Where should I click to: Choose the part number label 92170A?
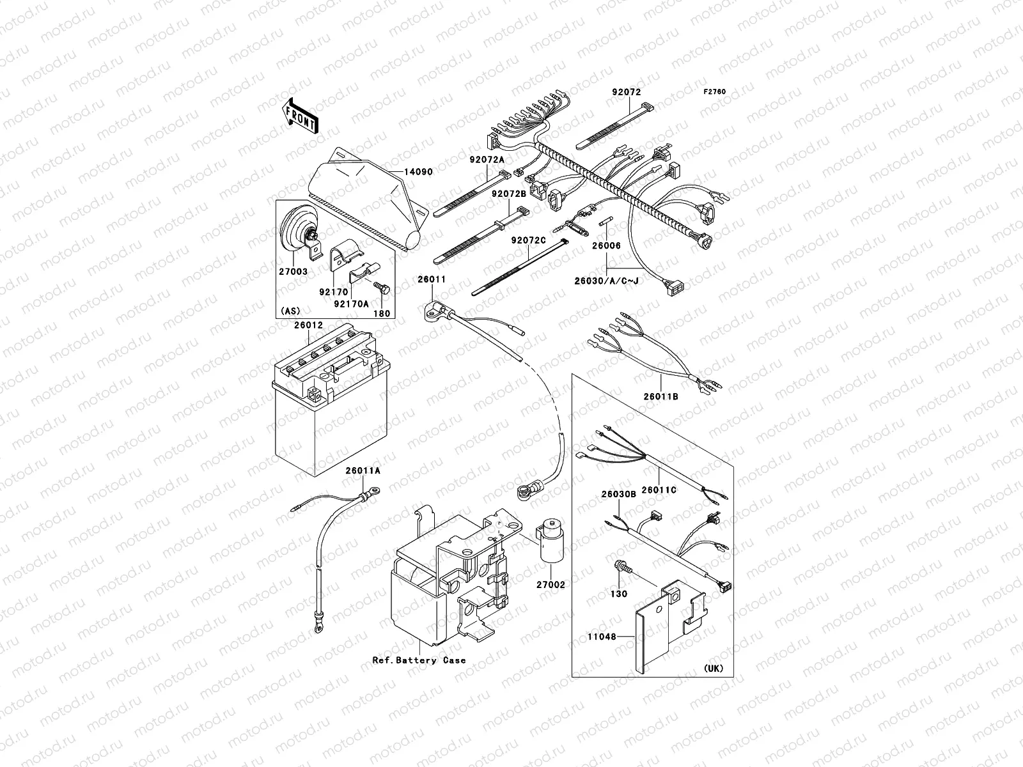click(352, 304)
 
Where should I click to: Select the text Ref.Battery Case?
click(419, 660)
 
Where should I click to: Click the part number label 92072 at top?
click(626, 92)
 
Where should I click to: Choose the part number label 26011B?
click(660, 396)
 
